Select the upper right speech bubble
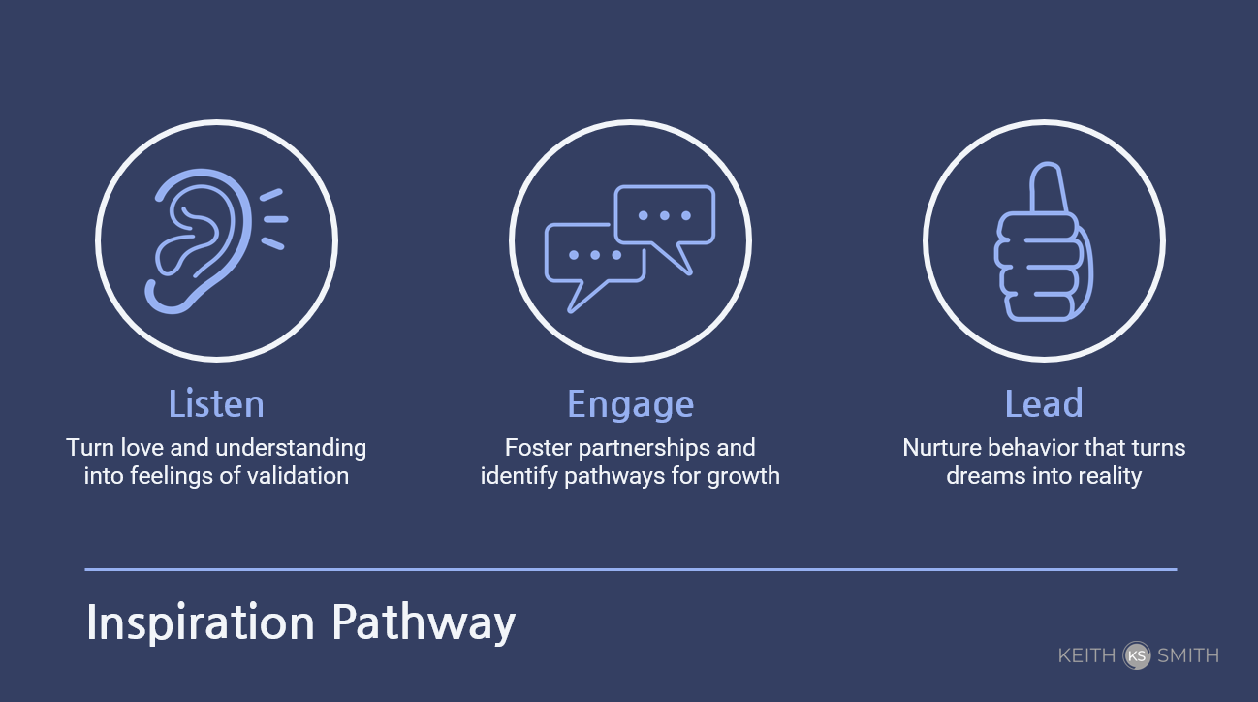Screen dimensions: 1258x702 point(665,216)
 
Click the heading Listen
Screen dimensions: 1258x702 point(216,403)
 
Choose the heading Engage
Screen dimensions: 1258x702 point(630,404)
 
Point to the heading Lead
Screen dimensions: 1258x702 point(1044,403)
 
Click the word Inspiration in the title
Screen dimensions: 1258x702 point(200,622)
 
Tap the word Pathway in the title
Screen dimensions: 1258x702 point(423,622)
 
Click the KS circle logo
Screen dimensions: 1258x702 point(1137,655)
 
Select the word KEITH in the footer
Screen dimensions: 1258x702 point(1086,655)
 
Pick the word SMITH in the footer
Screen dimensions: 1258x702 point(1188,655)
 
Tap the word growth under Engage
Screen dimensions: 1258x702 point(743,477)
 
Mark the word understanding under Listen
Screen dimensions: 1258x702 point(291,449)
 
